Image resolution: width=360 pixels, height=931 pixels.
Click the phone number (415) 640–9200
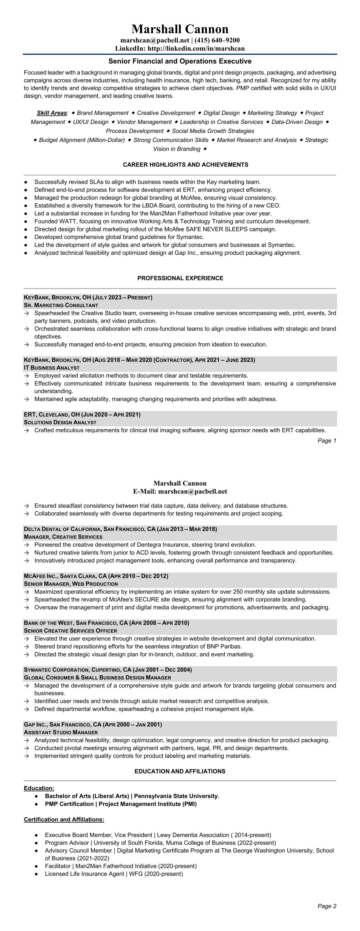[x=217, y=40]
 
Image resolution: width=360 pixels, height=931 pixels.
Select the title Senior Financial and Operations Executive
[x=180, y=61]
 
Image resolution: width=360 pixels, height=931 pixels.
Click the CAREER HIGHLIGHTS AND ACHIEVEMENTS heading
[x=186, y=165]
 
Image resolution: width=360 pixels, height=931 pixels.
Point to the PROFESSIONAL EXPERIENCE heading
[x=180, y=278]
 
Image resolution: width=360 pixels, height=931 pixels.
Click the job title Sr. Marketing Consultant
[x=61, y=305]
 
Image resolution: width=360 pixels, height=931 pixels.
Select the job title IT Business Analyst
[x=52, y=368]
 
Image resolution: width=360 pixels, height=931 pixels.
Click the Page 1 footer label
[x=327, y=441]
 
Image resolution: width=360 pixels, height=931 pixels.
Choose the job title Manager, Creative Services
[x=63, y=537]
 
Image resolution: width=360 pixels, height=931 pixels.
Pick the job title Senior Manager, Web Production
[x=71, y=584]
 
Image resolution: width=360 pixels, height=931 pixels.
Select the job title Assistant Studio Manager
[x=61, y=733]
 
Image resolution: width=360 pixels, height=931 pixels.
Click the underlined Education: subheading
[x=39, y=788]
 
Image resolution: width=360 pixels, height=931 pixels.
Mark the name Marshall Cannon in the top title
[x=180, y=29]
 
